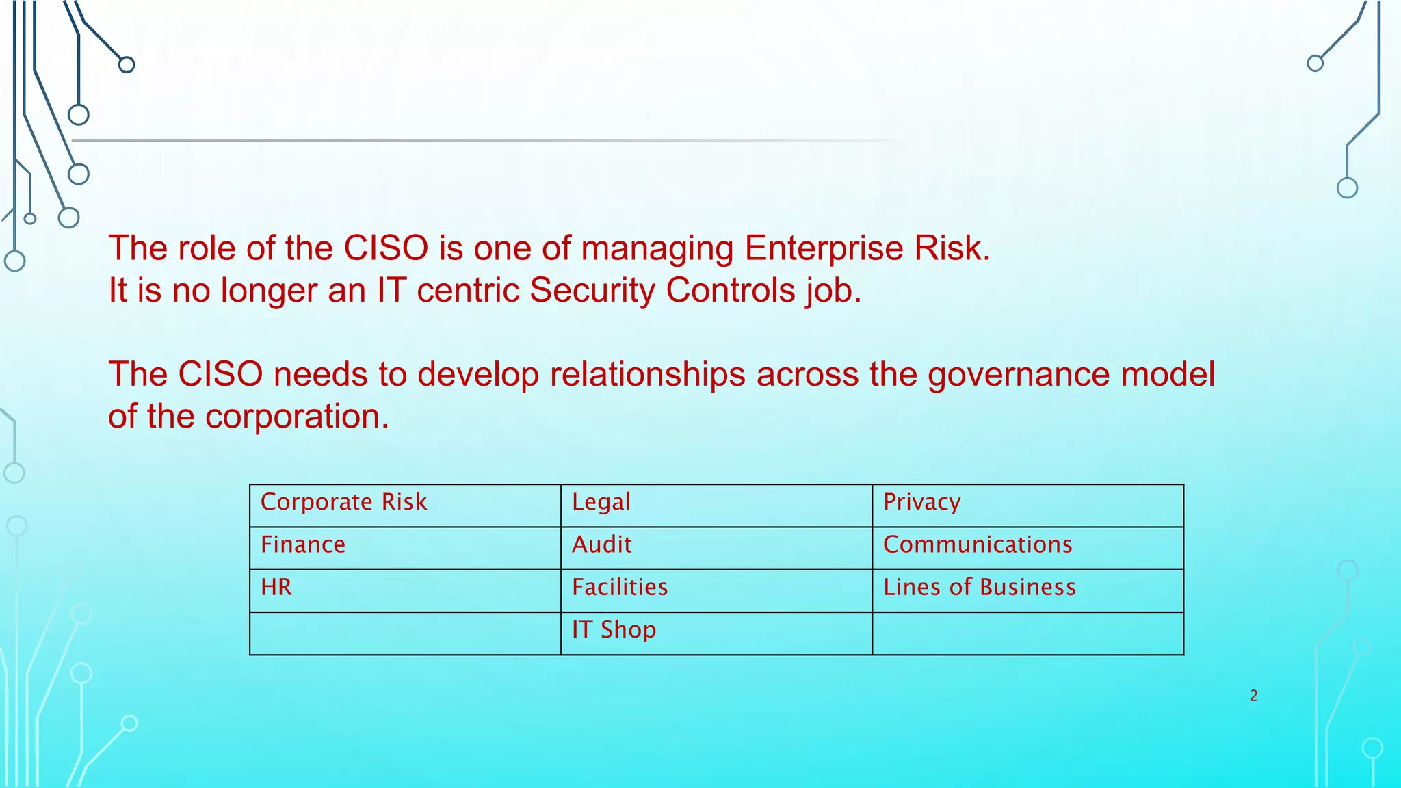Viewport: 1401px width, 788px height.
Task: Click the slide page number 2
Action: click(1253, 696)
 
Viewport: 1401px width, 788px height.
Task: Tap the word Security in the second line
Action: click(592, 291)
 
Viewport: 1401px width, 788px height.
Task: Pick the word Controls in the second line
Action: click(731, 291)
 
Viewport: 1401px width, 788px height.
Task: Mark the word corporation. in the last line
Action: click(297, 417)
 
